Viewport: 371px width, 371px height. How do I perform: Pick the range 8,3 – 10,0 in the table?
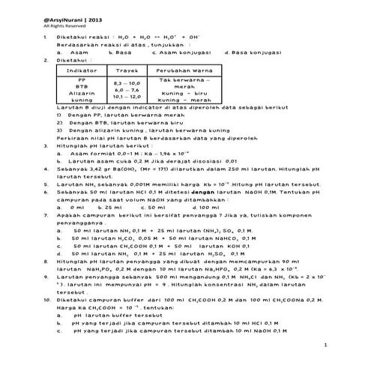pyautogui.click(x=126, y=83)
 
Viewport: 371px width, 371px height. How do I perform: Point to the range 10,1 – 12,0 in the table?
pyautogui.click(x=126, y=97)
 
